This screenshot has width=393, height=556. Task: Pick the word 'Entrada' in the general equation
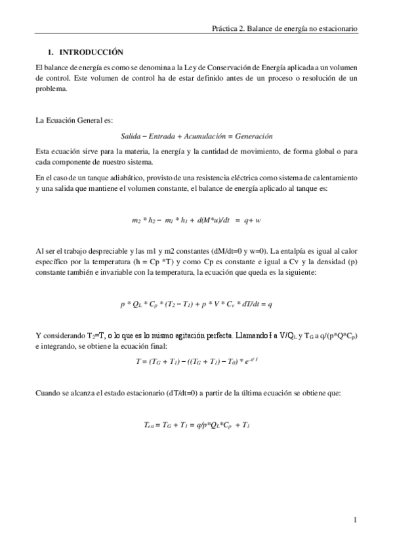click(x=161, y=136)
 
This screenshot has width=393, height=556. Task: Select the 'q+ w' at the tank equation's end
click(x=252, y=220)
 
